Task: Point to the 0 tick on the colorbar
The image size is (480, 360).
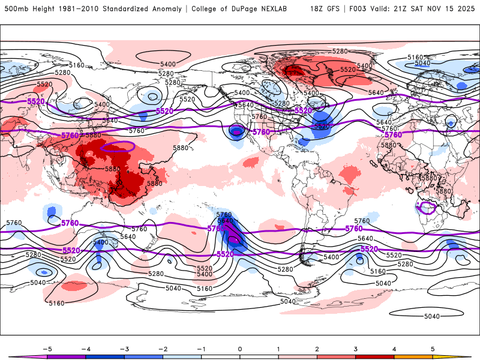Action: [x=239, y=348]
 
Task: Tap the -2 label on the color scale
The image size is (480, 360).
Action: [x=162, y=348]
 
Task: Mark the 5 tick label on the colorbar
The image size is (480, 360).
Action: [x=433, y=348]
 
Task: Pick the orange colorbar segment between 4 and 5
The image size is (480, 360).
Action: [x=413, y=356]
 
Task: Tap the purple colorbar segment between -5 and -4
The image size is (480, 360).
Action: [x=66, y=356]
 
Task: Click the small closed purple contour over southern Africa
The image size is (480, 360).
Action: [x=428, y=208]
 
